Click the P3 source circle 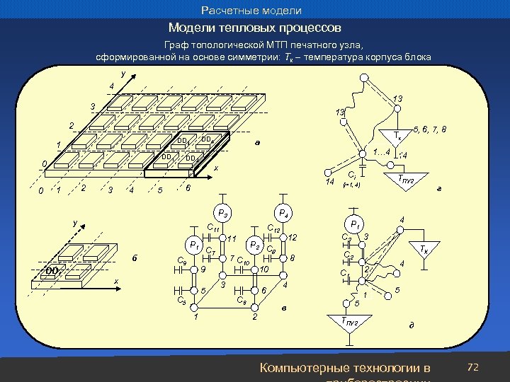pyautogui.click(x=222, y=212)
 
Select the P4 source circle pyautogui.click(x=283, y=212)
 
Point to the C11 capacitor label pyautogui.click(x=212, y=228)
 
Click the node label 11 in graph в pyautogui.click(x=232, y=239)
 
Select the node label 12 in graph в pyautogui.click(x=293, y=238)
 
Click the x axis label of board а pyautogui.click(x=216, y=169)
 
